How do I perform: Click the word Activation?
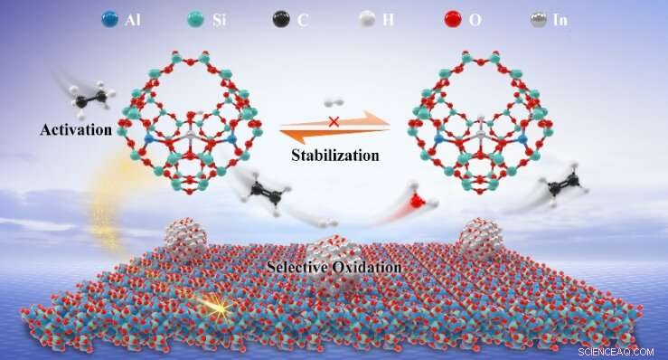(75, 130)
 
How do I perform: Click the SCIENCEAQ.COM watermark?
(618, 349)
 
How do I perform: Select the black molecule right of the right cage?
(563, 187)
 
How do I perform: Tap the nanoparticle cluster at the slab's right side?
(480, 242)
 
